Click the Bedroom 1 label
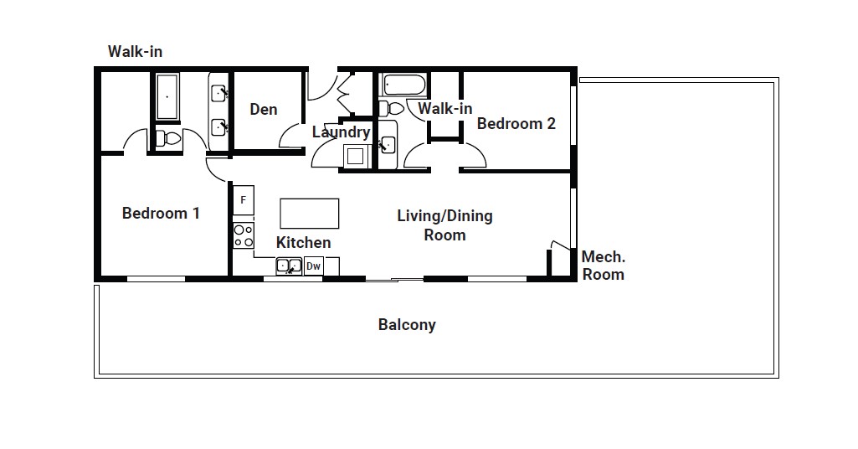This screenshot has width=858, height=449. (161, 213)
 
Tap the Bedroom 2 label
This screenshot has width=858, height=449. (516, 123)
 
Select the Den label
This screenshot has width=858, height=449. (263, 110)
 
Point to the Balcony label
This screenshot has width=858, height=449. (407, 325)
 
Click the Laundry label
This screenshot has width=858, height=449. (341, 132)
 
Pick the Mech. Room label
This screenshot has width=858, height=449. (603, 266)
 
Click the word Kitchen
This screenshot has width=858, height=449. (303, 243)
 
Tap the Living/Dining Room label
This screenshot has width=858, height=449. (444, 225)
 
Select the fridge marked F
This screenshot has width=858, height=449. (244, 200)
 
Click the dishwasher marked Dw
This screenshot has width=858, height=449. (314, 266)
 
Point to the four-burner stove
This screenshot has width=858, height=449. (244, 235)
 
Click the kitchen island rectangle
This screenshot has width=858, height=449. (309, 213)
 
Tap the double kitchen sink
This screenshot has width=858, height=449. (289, 266)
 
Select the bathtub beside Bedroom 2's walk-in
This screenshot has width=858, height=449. (405, 86)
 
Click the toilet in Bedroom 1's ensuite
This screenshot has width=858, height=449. (168, 138)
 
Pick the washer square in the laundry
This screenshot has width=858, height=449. (355, 156)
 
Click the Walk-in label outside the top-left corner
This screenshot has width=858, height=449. (135, 51)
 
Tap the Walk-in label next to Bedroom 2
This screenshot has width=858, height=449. (444, 108)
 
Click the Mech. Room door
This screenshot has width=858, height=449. (560, 245)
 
